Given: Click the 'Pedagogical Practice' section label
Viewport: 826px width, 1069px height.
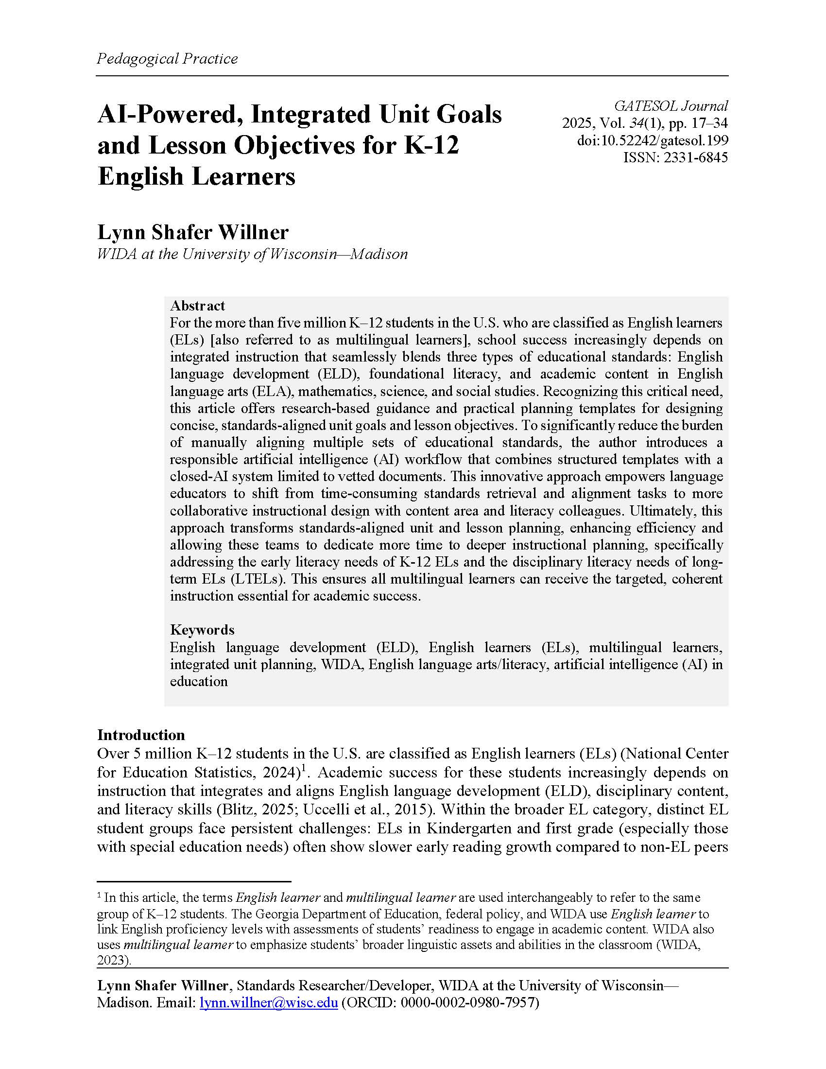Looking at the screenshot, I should tap(167, 59).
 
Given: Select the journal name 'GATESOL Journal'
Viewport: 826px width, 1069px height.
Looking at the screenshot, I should tap(671, 106).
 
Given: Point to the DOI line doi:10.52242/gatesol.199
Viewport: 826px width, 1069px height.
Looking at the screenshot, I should tap(652, 140).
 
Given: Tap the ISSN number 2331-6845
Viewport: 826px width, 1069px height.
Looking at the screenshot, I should tap(695, 157).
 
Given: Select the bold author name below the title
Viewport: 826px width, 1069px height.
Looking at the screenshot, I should tap(193, 232).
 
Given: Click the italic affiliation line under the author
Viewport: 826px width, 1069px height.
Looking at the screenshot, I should tap(252, 254).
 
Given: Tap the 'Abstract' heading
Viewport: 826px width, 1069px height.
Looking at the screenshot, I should tap(197, 306).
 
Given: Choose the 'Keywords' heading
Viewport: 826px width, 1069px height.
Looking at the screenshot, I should tap(202, 629).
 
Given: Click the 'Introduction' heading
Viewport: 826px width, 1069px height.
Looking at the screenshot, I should tap(141, 735).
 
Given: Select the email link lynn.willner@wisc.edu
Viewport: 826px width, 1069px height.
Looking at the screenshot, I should tap(269, 1002).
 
